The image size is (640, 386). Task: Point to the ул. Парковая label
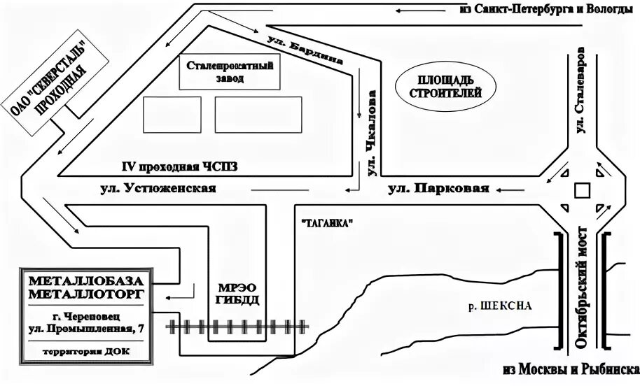438,188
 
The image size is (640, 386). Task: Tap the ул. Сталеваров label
580,91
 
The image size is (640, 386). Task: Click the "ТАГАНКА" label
325,223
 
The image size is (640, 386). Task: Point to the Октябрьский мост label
580,287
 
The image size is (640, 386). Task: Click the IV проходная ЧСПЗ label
180,166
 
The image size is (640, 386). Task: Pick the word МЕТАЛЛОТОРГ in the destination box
85,293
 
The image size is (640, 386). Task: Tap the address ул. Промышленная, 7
85,329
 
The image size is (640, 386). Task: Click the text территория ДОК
85,350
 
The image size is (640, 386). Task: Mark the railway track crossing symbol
238,326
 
